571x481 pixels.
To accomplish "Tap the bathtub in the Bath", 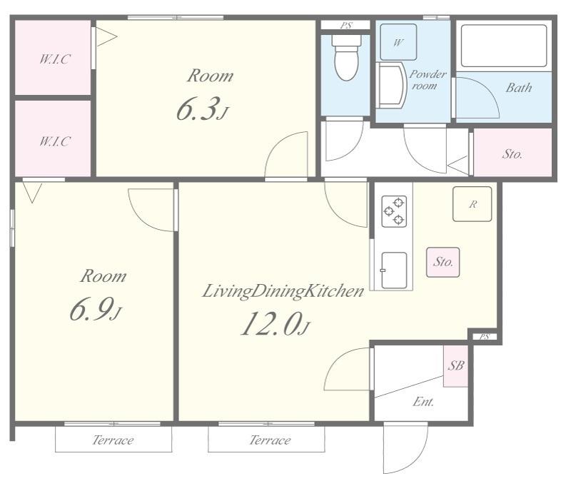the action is (x=504, y=46).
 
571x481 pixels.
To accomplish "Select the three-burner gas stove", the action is (x=394, y=211).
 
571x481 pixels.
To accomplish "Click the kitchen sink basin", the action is (x=394, y=270).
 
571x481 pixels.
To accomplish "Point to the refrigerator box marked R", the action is (x=473, y=204).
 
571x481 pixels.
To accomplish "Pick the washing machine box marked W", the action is (x=398, y=42).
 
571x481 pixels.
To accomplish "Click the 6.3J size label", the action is (x=203, y=109).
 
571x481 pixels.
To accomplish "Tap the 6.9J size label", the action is (x=96, y=309).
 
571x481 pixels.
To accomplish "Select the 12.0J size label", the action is (x=276, y=324).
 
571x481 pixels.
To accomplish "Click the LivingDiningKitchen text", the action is (x=283, y=291).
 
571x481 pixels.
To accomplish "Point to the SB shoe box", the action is (x=455, y=365).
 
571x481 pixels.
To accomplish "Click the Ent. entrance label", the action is (x=423, y=402).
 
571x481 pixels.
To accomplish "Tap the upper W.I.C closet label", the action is (x=55, y=59).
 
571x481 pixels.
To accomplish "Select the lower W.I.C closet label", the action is (x=55, y=141).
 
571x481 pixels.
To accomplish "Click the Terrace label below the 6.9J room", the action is (x=113, y=440).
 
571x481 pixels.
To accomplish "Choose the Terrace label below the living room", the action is (x=271, y=440).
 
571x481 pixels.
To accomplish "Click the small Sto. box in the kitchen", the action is (x=443, y=262).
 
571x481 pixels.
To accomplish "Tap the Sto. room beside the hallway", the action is (x=512, y=152).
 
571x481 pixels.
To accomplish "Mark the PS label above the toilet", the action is (x=346, y=26).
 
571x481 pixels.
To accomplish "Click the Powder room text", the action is (x=427, y=80).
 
